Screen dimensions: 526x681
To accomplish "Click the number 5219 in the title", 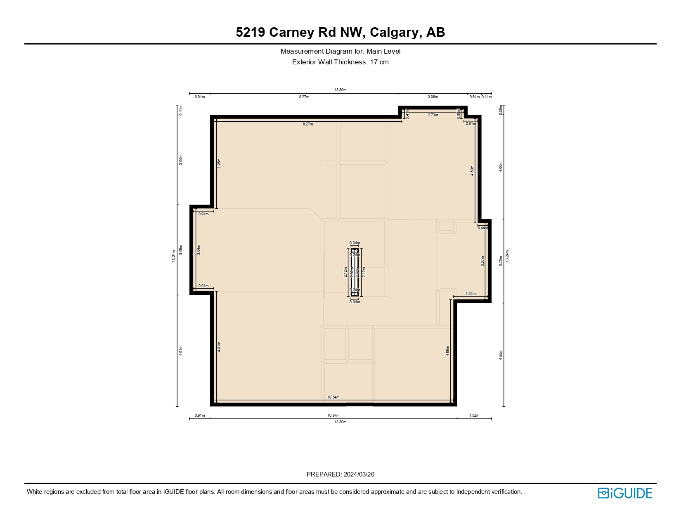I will pos(251,32).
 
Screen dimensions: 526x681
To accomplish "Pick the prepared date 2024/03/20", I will pos(359,474).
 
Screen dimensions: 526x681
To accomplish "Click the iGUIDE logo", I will pos(624,493).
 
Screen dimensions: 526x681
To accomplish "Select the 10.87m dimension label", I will pos(333,415).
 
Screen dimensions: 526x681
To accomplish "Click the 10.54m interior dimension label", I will pos(333,397).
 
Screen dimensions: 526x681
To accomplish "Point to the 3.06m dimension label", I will pos(433,97).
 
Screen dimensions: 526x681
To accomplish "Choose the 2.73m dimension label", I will pos(433,115).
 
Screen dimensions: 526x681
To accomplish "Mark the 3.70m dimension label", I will pos(501,261).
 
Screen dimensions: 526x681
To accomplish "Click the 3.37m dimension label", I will pos(482,261).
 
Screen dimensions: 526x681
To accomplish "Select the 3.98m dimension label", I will pos(181,250).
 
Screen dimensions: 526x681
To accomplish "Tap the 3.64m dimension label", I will pos(199,250).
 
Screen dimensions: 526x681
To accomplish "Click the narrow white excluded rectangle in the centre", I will pos(355,272).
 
